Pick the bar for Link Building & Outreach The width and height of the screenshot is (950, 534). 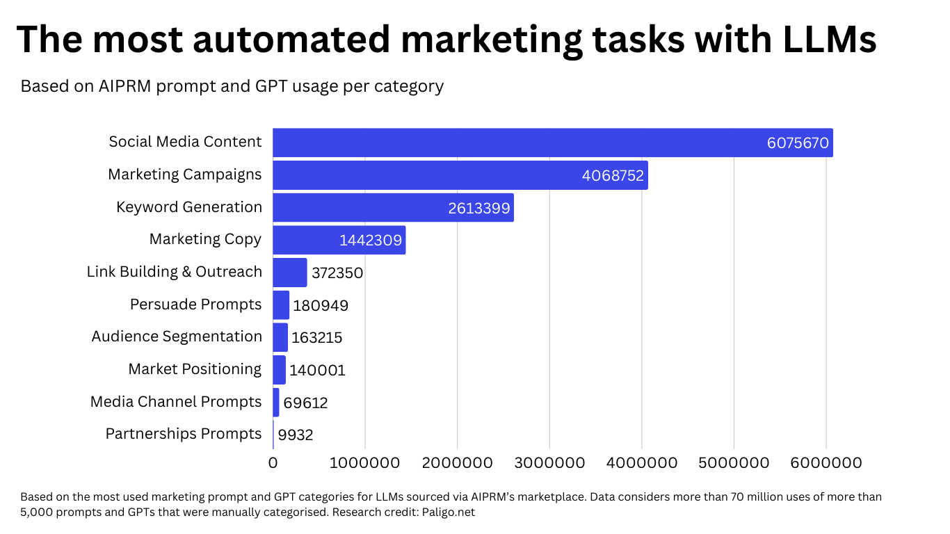(289, 273)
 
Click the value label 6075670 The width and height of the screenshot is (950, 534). (798, 143)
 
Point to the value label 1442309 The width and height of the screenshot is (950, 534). (371, 241)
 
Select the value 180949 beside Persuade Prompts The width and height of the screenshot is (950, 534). (321, 305)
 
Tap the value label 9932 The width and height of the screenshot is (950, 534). (296, 435)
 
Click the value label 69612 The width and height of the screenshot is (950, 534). (305, 403)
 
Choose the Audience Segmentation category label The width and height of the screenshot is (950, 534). (177, 337)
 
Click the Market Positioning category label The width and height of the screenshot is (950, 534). (195, 369)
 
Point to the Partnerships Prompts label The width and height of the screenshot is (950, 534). (184, 434)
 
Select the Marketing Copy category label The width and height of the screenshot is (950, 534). (205, 239)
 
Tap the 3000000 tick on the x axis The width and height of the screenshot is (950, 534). (549, 463)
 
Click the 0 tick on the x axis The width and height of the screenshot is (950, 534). (273, 463)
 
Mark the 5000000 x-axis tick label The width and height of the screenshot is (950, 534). (734, 463)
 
